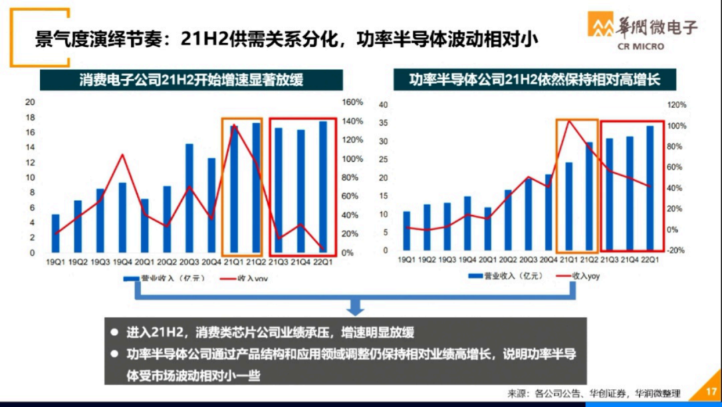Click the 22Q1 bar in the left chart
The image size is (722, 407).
pyautogui.click(x=322, y=186)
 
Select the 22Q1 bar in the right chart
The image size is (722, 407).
pyautogui.click(x=649, y=188)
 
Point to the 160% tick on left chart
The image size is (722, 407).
pyautogui.click(x=353, y=102)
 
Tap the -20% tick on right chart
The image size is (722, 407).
pyautogui.click(x=676, y=251)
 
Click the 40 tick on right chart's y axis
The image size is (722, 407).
pyautogui.click(x=383, y=106)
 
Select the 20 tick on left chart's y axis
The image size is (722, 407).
pyautogui.click(x=29, y=102)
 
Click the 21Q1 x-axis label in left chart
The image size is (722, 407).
pyautogui.click(x=234, y=261)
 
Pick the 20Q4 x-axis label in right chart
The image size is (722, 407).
pyautogui.click(x=548, y=259)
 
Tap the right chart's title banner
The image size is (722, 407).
pyautogui.click(x=535, y=80)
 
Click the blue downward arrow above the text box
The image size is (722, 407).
pyautogui.click(x=356, y=306)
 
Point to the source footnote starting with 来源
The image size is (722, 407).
pyautogui.click(x=594, y=393)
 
